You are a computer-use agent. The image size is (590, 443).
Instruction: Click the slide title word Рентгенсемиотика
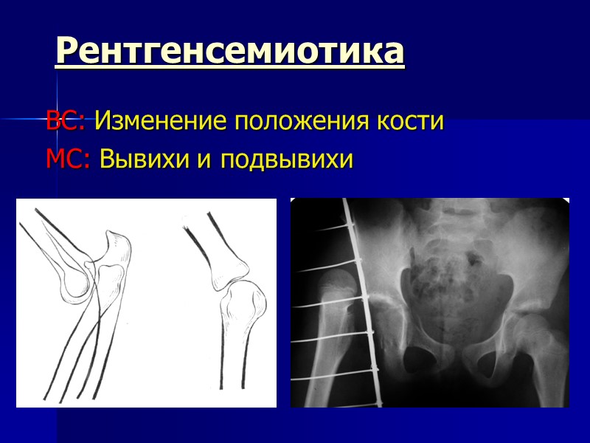230,52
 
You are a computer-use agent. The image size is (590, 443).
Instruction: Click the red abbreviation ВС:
66,121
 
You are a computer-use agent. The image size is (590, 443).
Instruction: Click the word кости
414,121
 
